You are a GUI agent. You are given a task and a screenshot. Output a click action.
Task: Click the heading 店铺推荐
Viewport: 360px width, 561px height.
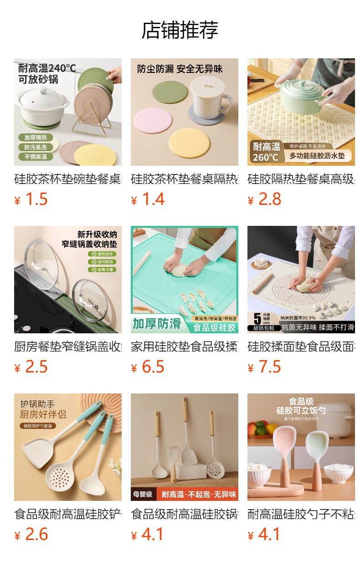[x=180, y=30]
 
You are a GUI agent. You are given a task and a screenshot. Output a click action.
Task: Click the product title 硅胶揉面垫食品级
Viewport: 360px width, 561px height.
[x=301, y=347]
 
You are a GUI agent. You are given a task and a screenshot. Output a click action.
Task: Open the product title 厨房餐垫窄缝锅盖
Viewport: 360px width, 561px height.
[x=67, y=347]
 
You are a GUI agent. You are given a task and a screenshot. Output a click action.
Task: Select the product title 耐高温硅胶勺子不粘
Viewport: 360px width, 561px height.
[x=301, y=515]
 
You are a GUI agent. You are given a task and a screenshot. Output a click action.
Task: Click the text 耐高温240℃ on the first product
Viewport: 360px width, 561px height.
[x=47, y=68]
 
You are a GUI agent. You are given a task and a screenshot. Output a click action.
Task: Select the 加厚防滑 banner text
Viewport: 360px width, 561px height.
[x=157, y=324]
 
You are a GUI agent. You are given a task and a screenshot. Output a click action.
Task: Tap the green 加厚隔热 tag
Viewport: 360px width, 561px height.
[x=36, y=137]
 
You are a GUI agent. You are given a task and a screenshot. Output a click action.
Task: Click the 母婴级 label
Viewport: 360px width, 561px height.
[x=143, y=494]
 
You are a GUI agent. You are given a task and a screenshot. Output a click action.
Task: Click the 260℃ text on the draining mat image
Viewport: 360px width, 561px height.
[x=266, y=157]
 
